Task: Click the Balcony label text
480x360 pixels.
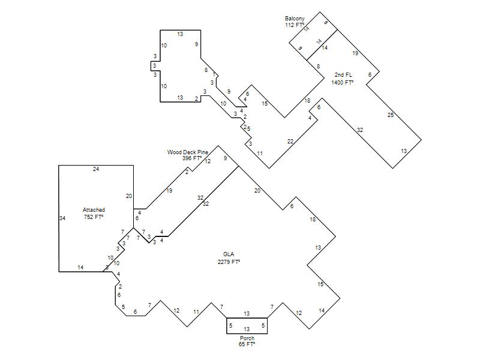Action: pos(295,19)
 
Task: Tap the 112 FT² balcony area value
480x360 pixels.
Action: pos(295,25)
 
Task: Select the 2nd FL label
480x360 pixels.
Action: pos(343,74)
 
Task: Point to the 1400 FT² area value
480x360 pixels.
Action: pos(342,82)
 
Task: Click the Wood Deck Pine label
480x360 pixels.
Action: pos(188,152)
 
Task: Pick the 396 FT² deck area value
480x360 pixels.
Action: pos(192,158)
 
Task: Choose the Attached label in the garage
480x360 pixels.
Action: pos(94,210)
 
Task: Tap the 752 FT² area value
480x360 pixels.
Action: pos(94,217)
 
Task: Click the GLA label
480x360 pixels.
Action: pos(229,254)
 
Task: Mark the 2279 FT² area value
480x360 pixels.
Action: pos(229,262)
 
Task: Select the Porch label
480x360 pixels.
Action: pos(247,338)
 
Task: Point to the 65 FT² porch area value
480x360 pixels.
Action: pos(247,344)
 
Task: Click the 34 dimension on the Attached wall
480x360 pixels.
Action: pos(62,218)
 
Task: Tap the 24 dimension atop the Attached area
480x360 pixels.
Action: pos(96,169)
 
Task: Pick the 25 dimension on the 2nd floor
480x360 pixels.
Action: pos(391,115)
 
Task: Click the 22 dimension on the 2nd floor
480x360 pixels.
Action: pos(290,142)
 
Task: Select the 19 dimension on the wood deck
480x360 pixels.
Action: pos(169,191)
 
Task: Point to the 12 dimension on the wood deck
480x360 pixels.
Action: pos(208,161)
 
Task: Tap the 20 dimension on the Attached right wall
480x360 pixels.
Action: pos(129,196)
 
